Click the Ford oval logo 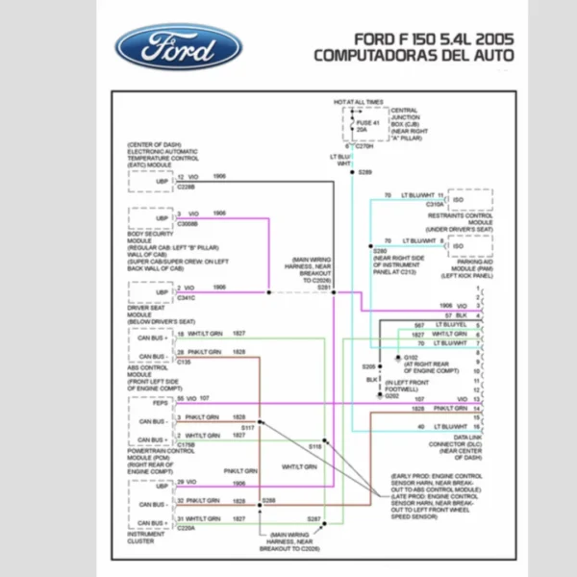[x=178, y=47]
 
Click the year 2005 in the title [x=490, y=38]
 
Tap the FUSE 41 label [x=368, y=122]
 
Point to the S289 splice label [x=364, y=171]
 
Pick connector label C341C [x=186, y=297]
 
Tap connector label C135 [x=183, y=363]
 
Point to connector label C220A [x=186, y=528]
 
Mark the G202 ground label [x=391, y=395]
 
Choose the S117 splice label [x=247, y=427]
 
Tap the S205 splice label [x=368, y=367]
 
